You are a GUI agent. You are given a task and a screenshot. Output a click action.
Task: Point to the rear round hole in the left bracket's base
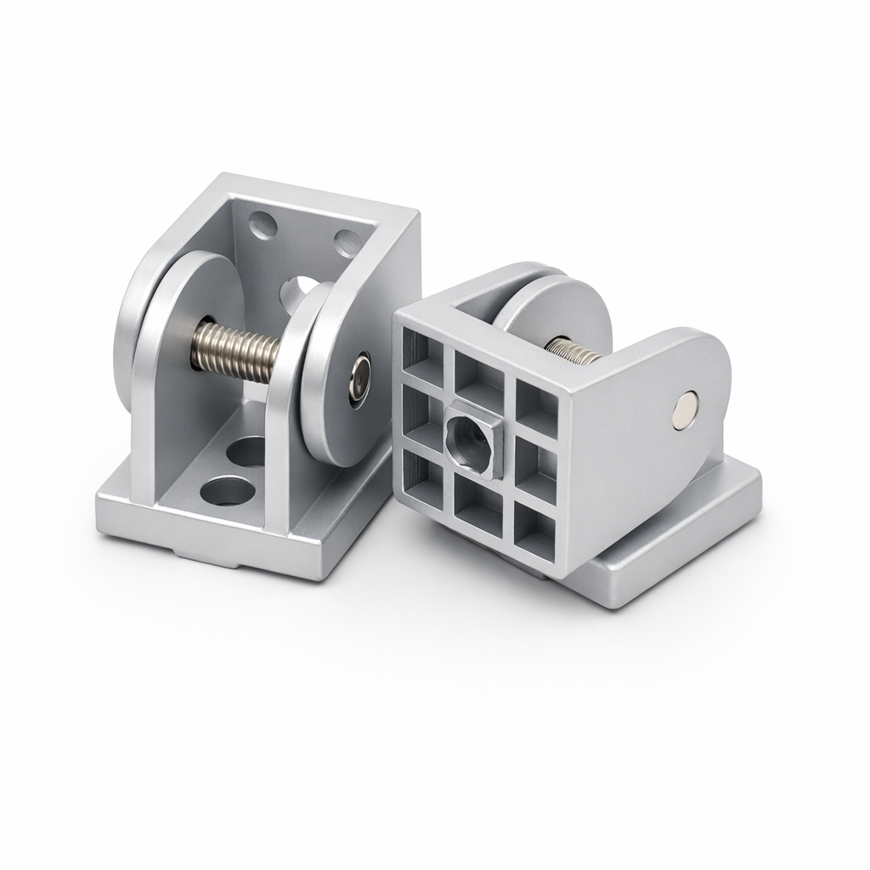click(250, 450)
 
